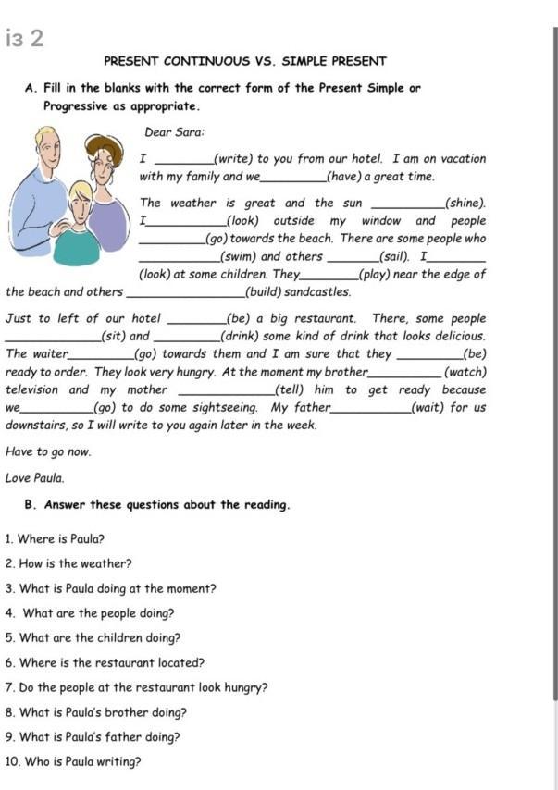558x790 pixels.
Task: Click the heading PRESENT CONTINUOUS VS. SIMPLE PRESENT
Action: tap(244, 62)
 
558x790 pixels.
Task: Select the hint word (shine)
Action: tap(465, 203)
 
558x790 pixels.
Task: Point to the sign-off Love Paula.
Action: tap(35, 478)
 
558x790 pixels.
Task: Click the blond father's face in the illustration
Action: tap(47, 152)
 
